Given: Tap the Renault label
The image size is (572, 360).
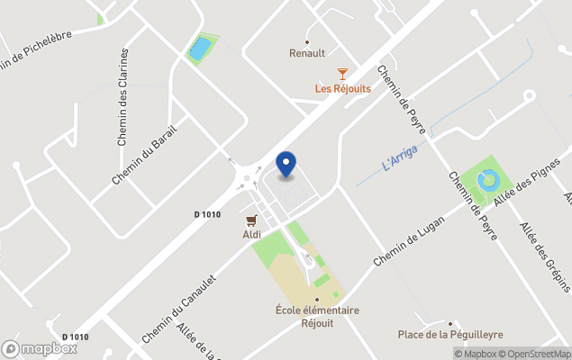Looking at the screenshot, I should pos(307,53).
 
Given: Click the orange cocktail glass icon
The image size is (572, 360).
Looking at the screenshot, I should pos(342,74).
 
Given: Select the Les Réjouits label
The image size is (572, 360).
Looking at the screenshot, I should pos(342,88).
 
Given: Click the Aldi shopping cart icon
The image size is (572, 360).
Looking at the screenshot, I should pos(251,220).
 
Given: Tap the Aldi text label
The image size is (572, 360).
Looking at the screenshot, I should pos(251,235).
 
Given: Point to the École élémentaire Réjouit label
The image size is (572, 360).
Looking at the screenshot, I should pos(317,316).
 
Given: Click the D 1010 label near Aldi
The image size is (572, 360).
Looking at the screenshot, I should pos(207,214).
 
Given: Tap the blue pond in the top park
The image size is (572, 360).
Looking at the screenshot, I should pos(200,47).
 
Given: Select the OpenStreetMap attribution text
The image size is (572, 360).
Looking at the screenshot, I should pos(535,354).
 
